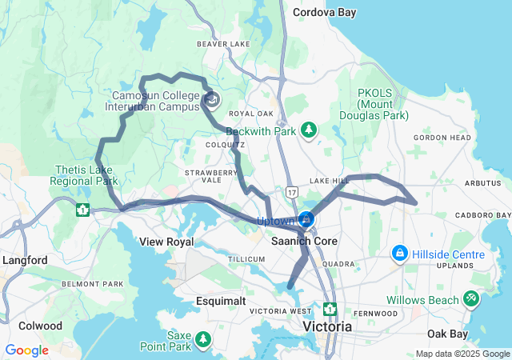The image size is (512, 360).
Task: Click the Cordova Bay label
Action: tap(325, 13)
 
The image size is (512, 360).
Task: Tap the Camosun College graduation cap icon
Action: tap(212, 100)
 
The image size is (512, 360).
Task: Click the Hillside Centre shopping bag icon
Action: tap(398, 254)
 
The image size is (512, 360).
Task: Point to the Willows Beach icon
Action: tap(470, 299)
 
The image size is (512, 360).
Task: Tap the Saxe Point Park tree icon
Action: tap(204, 340)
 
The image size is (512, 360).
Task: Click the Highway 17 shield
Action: tap(291, 192)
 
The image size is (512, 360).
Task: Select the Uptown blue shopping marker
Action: tap(306, 219)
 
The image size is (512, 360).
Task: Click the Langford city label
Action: tap(24, 261)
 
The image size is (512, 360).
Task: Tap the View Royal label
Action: tap(166, 242)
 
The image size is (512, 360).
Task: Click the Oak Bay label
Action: tap(446, 333)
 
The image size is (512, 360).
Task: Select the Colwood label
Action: tap(42, 326)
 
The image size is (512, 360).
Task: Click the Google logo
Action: tap(26, 350)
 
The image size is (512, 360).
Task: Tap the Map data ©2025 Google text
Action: tap(462, 354)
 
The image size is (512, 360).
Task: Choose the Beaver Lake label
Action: tap(223, 43)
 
